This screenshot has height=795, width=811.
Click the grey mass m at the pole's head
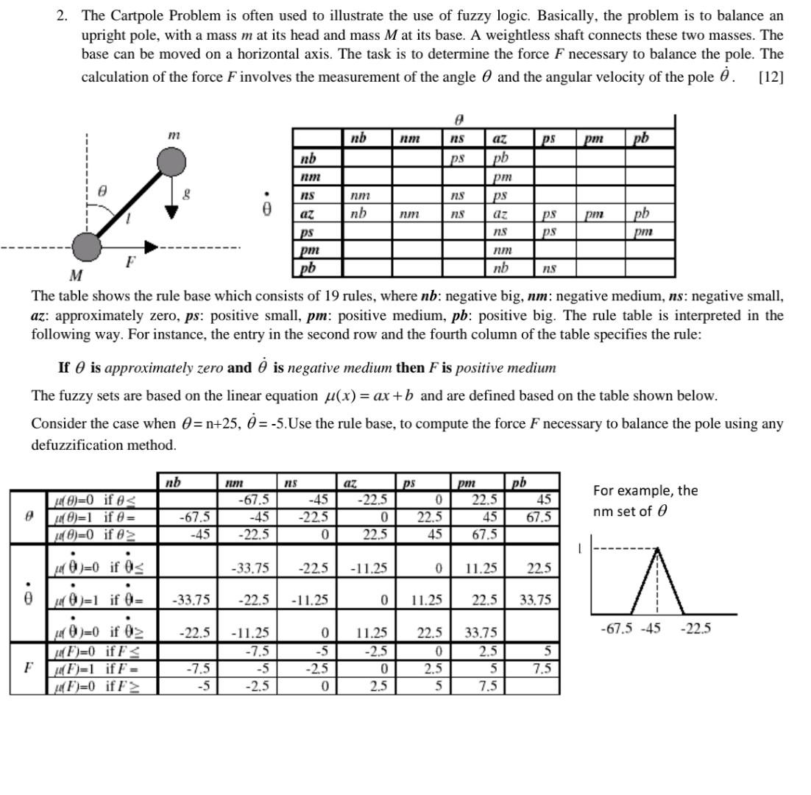tap(171, 162)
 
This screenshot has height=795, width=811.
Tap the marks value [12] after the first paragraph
tap(771, 77)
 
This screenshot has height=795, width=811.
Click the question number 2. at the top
tap(63, 15)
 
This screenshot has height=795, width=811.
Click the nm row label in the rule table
tap(308, 177)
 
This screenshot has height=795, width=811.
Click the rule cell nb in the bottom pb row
tap(500, 269)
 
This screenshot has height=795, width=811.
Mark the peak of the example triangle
tap(657, 549)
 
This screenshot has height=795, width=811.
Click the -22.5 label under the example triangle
tap(695, 629)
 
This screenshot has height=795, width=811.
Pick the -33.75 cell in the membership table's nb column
tap(191, 600)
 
